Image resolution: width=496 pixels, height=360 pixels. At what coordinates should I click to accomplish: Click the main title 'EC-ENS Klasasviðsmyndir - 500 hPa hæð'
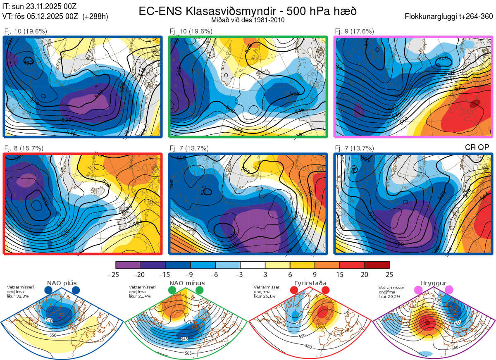(248, 11)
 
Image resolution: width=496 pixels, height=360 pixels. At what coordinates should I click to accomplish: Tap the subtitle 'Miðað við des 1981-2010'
(248, 20)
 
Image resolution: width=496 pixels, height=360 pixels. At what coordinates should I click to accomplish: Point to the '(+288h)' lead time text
(95, 17)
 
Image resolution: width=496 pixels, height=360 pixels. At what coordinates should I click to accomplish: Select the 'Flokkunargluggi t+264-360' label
(450, 17)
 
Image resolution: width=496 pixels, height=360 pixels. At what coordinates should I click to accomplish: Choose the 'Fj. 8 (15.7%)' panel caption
(24, 148)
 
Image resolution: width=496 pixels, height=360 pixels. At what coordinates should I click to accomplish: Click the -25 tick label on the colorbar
(116, 274)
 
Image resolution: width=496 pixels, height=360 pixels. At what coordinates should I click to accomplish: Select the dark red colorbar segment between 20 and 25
(377, 265)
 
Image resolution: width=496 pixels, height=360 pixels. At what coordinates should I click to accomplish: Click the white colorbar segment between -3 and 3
(253, 265)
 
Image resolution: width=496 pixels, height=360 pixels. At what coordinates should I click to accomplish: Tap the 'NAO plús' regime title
(62, 283)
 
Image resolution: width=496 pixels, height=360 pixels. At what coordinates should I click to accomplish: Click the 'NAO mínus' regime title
(187, 283)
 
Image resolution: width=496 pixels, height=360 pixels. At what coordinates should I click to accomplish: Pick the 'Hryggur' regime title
(434, 283)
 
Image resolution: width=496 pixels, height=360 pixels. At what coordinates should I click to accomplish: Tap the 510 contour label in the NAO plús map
(49, 320)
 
